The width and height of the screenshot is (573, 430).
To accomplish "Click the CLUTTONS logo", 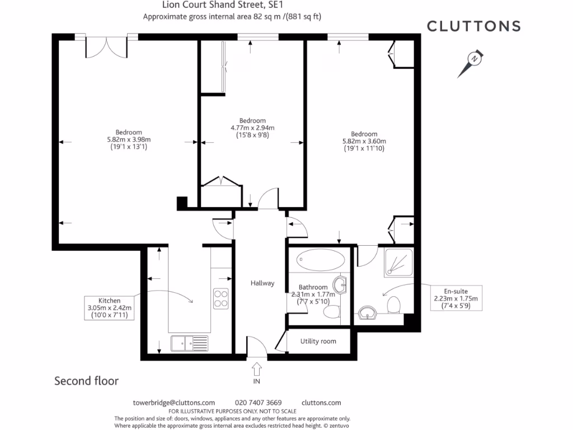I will pos(473,26).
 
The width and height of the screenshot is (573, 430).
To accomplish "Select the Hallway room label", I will pos(262,283).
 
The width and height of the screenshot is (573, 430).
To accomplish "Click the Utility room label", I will pos(318,341).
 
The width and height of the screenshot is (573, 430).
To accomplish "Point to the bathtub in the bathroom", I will pos(321,260).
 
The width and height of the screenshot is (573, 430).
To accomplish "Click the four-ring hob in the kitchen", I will pos(221,297).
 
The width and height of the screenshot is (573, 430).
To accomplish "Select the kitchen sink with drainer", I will pos(190,342).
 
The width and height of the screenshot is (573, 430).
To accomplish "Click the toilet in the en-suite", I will pos(393,306).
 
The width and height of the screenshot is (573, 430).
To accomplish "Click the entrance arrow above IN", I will pos(257,369).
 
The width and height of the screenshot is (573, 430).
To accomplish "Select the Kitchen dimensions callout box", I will pos(110,307).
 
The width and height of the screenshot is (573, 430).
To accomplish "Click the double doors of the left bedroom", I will pos(106,47).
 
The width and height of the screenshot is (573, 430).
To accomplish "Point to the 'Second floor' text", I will pos(86,381).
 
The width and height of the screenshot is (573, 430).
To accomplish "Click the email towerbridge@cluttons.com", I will pos(174,403).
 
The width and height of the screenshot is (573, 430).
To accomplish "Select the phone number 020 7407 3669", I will pos(258,403).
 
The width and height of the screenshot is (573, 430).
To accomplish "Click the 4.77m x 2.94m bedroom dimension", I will pos(252,128).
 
